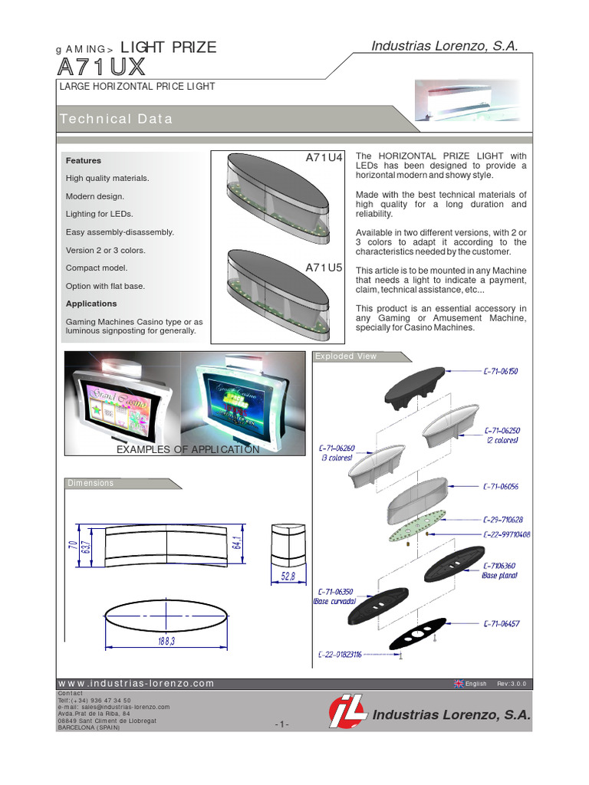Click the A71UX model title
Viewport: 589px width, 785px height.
[100, 67]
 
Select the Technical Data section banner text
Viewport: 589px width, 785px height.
[116, 119]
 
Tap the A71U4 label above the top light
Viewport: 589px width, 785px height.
[324, 158]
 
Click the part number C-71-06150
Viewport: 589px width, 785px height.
[500, 371]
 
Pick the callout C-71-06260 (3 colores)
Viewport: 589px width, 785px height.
[337, 452]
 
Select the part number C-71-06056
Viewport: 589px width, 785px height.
[500, 487]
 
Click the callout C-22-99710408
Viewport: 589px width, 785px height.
[506, 534]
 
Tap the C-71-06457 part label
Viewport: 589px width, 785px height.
[500, 625]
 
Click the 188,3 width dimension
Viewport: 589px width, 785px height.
[166, 642]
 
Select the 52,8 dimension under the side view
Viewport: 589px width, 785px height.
[288, 576]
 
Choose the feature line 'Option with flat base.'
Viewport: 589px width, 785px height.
[105, 286]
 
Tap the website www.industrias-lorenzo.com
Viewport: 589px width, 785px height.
[137, 683]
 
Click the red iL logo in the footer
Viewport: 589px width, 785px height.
[347, 713]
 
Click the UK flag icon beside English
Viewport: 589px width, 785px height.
[459, 684]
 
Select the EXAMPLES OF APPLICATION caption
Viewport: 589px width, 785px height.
[187, 449]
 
